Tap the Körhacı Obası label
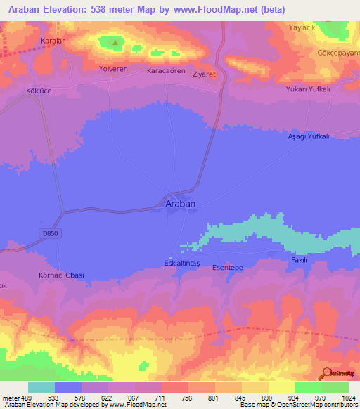61,275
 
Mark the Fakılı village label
300,259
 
